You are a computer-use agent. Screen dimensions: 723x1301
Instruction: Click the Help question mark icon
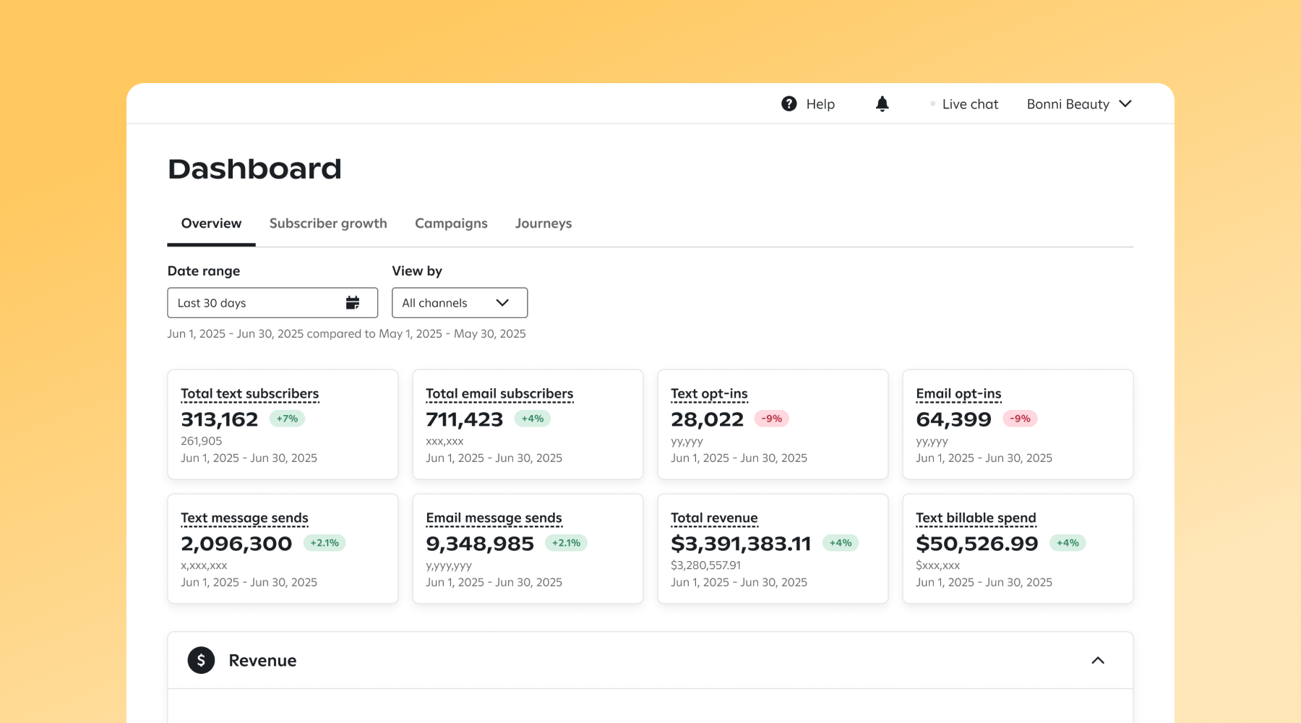789,104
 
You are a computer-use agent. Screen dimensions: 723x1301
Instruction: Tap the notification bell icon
882,104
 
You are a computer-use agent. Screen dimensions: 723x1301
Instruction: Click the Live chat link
969,104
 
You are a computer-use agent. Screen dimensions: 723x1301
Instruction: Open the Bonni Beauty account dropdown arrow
1125,104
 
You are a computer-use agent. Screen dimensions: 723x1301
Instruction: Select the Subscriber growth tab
328,223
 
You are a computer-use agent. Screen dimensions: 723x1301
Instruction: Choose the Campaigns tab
451,223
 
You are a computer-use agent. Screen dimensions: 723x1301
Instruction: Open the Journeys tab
543,223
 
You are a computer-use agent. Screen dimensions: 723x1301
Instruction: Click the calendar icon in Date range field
353,303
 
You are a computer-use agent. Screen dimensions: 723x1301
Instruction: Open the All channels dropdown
459,303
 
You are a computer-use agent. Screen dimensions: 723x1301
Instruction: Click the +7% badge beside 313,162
287,419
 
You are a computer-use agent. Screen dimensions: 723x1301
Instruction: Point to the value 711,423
464,419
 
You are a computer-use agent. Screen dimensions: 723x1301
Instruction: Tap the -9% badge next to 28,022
771,419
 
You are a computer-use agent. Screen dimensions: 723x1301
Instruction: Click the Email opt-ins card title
958,394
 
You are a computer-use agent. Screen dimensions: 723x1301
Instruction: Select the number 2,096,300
236,544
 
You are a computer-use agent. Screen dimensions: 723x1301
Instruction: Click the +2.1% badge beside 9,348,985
566,543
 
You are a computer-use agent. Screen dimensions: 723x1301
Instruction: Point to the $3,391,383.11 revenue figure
741,544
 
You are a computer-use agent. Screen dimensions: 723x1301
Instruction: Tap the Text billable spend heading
976,518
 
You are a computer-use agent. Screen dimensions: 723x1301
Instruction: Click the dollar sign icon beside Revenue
201,660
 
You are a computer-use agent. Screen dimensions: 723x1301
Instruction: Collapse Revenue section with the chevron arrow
1097,660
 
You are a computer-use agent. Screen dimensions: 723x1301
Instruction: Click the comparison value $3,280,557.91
705,565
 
